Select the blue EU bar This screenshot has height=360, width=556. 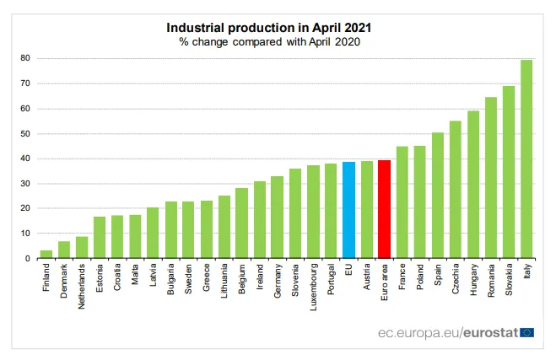point(348,210)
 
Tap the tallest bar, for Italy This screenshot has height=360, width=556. point(526,159)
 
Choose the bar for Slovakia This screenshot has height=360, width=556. point(509,172)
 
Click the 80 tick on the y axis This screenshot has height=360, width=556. point(25,58)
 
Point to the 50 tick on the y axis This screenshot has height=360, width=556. point(25,133)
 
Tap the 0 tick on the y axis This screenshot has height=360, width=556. point(28,259)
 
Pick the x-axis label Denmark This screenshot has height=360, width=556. point(64,282)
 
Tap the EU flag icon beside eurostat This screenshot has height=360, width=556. point(527,332)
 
